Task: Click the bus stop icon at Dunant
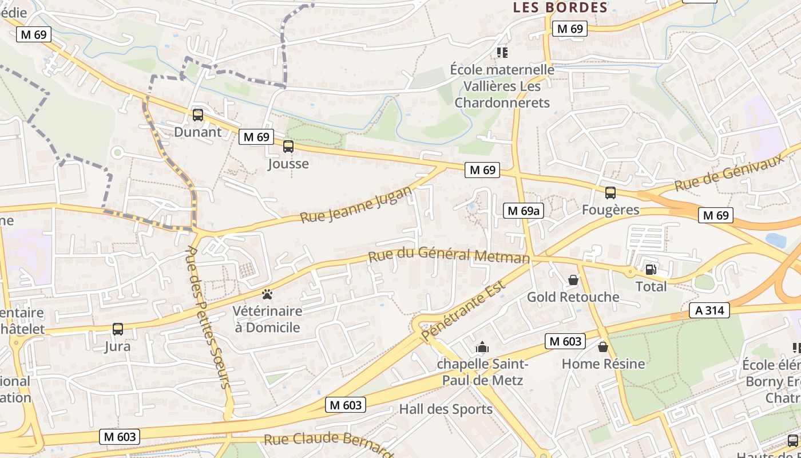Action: point(197,114)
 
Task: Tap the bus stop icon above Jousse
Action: point(288,147)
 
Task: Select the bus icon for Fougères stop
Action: point(610,193)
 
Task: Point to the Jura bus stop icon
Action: point(118,329)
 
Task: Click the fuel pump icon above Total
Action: point(651,270)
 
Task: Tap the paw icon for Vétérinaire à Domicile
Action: point(267,294)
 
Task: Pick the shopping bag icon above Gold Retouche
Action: point(573,280)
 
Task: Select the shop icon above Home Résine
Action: point(603,347)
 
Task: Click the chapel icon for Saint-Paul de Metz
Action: point(482,347)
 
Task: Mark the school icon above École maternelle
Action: point(502,53)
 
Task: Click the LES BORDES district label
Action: point(560,7)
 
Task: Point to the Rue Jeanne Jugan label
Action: point(356,204)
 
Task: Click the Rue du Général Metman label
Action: point(449,255)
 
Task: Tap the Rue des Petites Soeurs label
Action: point(209,317)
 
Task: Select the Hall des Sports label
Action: point(445,409)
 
